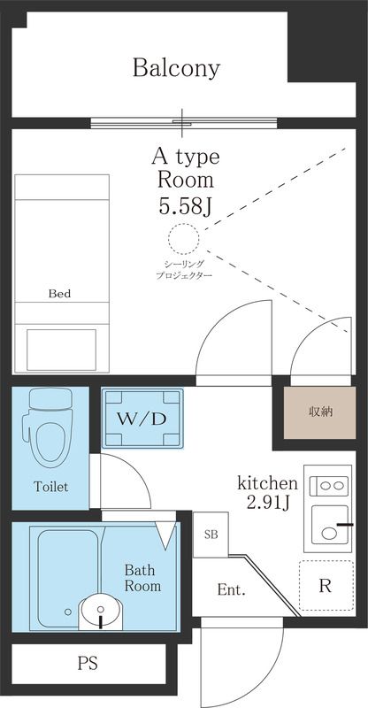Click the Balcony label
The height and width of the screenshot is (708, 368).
(x=176, y=68)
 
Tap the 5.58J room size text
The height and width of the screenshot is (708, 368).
(x=185, y=206)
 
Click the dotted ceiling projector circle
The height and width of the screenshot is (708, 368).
(x=184, y=239)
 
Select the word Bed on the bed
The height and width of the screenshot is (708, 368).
(x=59, y=294)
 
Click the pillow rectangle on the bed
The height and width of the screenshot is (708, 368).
(x=61, y=350)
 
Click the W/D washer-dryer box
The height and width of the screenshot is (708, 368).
(x=142, y=419)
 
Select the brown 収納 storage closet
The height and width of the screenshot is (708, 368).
(x=319, y=412)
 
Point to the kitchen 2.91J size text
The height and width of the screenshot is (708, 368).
(x=268, y=492)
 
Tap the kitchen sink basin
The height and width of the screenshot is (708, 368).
(x=330, y=524)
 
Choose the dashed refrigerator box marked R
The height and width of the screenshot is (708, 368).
(x=326, y=586)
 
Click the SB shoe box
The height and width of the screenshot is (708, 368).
(x=211, y=535)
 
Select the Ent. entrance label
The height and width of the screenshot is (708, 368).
(x=231, y=589)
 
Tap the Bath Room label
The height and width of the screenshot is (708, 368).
(x=142, y=578)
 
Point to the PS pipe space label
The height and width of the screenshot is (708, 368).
(x=88, y=663)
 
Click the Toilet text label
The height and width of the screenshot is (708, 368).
(x=51, y=487)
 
